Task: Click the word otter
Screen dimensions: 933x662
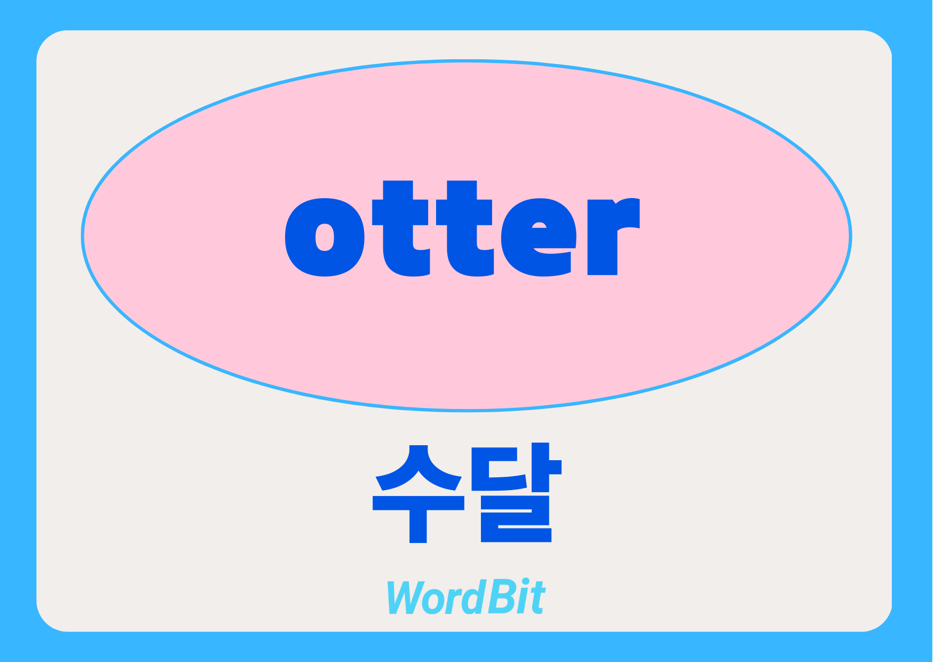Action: [x=462, y=228]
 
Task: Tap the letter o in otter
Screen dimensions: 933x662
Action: [x=325, y=237]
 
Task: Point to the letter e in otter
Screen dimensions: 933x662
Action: [x=538, y=237]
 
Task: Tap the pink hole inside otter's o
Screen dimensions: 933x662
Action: [x=325, y=237]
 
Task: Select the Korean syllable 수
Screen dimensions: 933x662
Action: [x=418, y=493]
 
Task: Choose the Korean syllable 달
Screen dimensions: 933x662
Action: [x=516, y=492]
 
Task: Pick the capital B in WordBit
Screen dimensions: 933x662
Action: [x=500, y=597]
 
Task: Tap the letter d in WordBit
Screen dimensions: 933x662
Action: [x=472, y=596]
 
